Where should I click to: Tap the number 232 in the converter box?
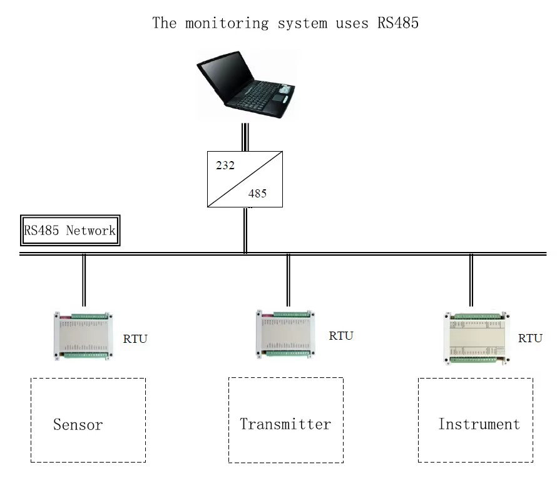(x=225, y=166)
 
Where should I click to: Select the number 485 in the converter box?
(x=257, y=194)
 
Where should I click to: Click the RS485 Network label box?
(x=69, y=230)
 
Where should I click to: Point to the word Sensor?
(x=78, y=425)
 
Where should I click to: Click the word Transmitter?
(x=285, y=424)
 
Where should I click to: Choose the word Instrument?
(x=479, y=424)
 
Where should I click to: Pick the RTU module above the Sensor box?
(x=83, y=335)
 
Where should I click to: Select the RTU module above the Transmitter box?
(x=285, y=333)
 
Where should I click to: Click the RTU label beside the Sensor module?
(x=135, y=340)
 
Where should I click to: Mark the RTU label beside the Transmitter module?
(x=341, y=336)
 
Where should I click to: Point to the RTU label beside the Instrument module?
(x=530, y=338)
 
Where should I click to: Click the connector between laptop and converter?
(x=245, y=137)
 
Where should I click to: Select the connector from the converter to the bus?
(x=245, y=229)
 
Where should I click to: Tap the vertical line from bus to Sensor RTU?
(x=84, y=280)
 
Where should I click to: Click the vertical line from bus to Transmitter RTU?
(x=288, y=280)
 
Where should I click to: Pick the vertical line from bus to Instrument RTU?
(x=471, y=280)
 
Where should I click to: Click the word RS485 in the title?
(x=397, y=24)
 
